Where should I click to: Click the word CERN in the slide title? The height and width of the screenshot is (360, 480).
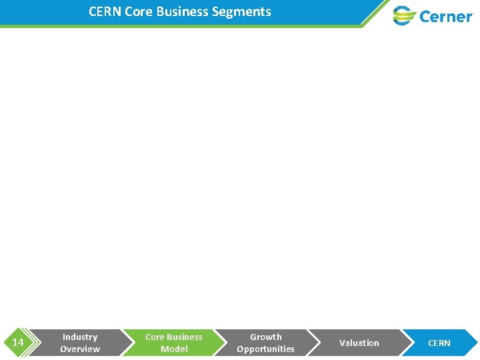click(105, 11)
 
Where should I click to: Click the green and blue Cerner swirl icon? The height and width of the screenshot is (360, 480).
click(404, 15)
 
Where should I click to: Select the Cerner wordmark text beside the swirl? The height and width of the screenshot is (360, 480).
click(446, 16)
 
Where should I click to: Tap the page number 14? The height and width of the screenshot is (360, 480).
click(18, 343)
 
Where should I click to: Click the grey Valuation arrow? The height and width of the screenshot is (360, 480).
click(359, 343)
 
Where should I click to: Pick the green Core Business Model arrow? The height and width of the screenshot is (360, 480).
click(173, 343)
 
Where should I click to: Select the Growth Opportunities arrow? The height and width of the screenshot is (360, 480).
click(265, 343)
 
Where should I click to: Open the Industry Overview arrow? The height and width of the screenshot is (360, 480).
click(80, 343)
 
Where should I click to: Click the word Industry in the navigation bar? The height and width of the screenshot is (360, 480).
click(80, 337)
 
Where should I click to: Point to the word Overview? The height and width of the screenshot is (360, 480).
click(80, 349)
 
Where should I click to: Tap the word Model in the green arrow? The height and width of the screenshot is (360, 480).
click(174, 349)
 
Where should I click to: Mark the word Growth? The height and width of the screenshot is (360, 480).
click(266, 337)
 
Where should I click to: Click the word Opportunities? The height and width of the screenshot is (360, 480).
click(265, 349)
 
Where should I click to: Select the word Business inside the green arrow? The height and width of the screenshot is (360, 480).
click(185, 337)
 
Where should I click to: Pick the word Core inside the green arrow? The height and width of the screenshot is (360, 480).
click(155, 337)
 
